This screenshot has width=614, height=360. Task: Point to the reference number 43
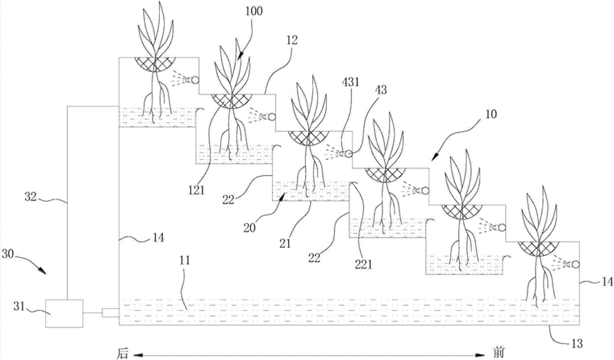(382, 91)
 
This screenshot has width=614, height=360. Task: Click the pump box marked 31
(63, 312)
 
